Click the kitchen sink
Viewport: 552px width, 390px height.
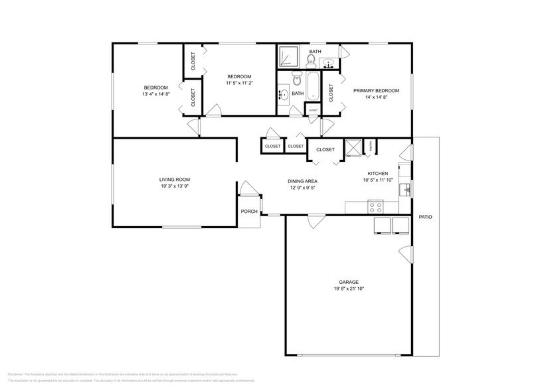[x=407, y=190]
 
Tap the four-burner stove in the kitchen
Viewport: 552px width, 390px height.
[x=375, y=206]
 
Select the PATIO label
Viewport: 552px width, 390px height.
[x=425, y=217]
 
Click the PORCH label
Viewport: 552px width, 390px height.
[x=249, y=212]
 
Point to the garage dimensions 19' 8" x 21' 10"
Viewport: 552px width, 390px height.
[x=349, y=289]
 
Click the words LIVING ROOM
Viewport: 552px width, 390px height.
[x=175, y=179]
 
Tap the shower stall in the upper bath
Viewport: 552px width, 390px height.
[x=288, y=57]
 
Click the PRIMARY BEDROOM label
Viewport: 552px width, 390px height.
[x=376, y=90]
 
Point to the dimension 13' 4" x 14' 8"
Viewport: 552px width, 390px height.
[x=156, y=94]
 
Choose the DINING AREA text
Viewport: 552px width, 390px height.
[x=302, y=181]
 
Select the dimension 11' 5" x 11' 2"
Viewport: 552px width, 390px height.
[x=239, y=83]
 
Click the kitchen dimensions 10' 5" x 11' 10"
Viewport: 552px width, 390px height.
[x=378, y=180]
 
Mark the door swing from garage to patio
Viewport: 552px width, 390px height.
[x=405, y=255]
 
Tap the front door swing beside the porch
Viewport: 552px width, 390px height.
[x=247, y=189]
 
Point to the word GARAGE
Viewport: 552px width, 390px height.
[x=349, y=282]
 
